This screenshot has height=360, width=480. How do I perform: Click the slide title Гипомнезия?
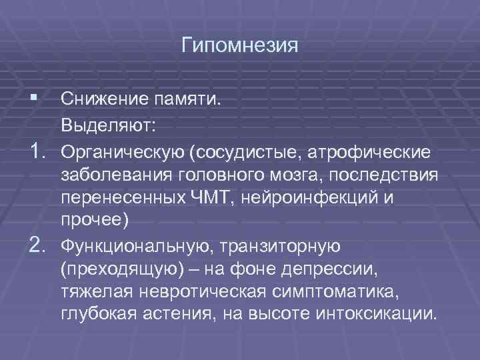[x=240, y=47]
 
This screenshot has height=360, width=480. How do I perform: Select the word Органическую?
[x=124, y=154]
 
